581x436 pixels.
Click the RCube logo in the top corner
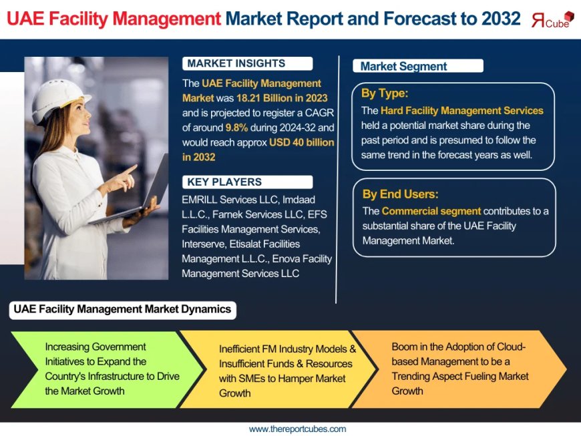pos(552,19)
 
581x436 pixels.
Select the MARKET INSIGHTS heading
pos(236,64)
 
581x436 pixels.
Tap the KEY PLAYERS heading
pos(224,182)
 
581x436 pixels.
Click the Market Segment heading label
pos(403,66)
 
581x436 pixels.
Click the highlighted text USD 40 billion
pos(302,142)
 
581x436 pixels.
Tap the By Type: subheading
pos(385,93)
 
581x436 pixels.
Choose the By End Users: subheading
pos(400,194)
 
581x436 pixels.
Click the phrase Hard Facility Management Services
pos(461,110)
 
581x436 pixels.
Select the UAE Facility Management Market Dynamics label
pos(122,309)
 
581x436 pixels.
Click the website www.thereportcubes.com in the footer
pos(297,429)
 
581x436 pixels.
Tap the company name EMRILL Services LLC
pos(231,200)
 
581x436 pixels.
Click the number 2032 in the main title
pos(500,19)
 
